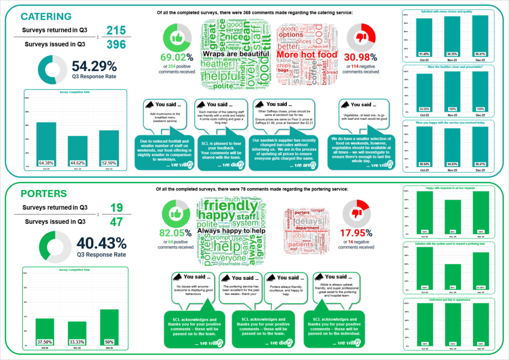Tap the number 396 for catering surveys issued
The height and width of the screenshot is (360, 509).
pyautogui.click(x=116, y=45)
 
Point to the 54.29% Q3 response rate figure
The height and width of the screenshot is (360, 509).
pyautogui.click(x=94, y=66)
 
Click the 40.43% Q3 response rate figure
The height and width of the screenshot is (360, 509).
pyautogui.click(x=101, y=243)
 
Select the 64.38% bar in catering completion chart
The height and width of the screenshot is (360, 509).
pyautogui.click(x=46, y=144)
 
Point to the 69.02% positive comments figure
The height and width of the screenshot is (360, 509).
pyautogui.click(x=175, y=57)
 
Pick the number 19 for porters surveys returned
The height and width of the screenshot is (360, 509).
pyautogui.click(x=116, y=207)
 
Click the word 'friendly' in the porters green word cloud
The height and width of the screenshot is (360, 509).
pyautogui.click(x=231, y=205)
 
